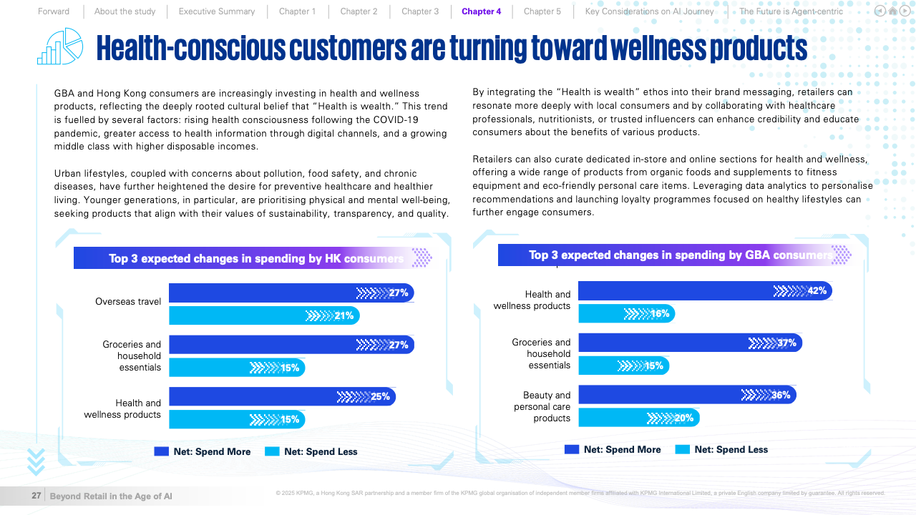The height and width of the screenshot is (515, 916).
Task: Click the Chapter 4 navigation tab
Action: (481, 11)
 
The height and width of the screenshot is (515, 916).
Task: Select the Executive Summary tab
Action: (216, 11)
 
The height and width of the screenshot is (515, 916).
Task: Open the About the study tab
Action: (125, 11)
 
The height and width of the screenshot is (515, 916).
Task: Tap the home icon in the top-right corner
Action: (892, 11)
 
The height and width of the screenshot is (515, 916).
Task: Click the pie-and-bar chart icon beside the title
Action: (60, 46)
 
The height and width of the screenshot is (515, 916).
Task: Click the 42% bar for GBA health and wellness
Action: (704, 291)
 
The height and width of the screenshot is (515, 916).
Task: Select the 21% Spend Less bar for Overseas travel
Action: (263, 315)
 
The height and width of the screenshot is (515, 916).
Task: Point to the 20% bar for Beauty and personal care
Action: (638, 418)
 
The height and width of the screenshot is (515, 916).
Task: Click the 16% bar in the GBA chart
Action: (626, 313)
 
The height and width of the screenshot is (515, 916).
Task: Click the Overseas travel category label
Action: (128, 302)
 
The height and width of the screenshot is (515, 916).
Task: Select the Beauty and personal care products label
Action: (542, 406)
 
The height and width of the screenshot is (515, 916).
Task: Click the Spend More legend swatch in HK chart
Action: (161, 451)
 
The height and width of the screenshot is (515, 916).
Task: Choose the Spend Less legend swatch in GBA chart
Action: (682, 449)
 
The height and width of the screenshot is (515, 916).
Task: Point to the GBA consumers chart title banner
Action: (673, 255)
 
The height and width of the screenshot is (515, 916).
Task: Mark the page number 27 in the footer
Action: (36, 496)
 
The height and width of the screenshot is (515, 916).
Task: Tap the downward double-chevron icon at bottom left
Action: (36, 461)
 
